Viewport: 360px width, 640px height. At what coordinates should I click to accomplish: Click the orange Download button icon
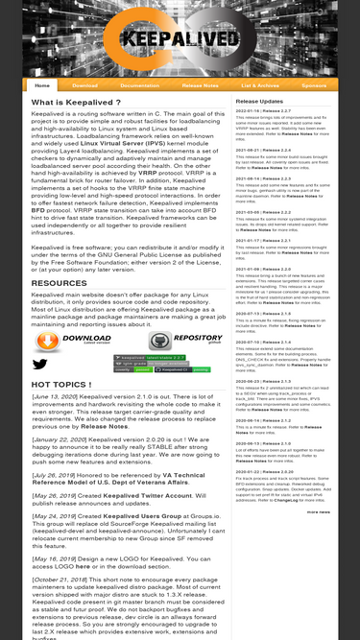point(61,341)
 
